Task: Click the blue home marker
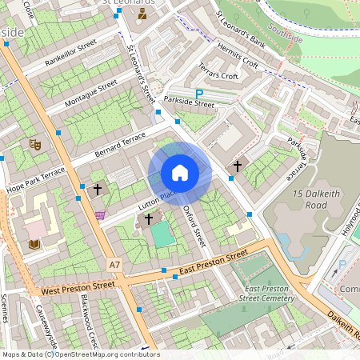(x=180, y=173)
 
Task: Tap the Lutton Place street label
(x=157, y=200)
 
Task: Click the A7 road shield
(x=114, y=263)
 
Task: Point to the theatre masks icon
(x=34, y=144)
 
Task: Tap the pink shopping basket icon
(x=100, y=214)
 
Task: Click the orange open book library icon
(x=34, y=244)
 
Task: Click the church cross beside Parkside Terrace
(x=238, y=166)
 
